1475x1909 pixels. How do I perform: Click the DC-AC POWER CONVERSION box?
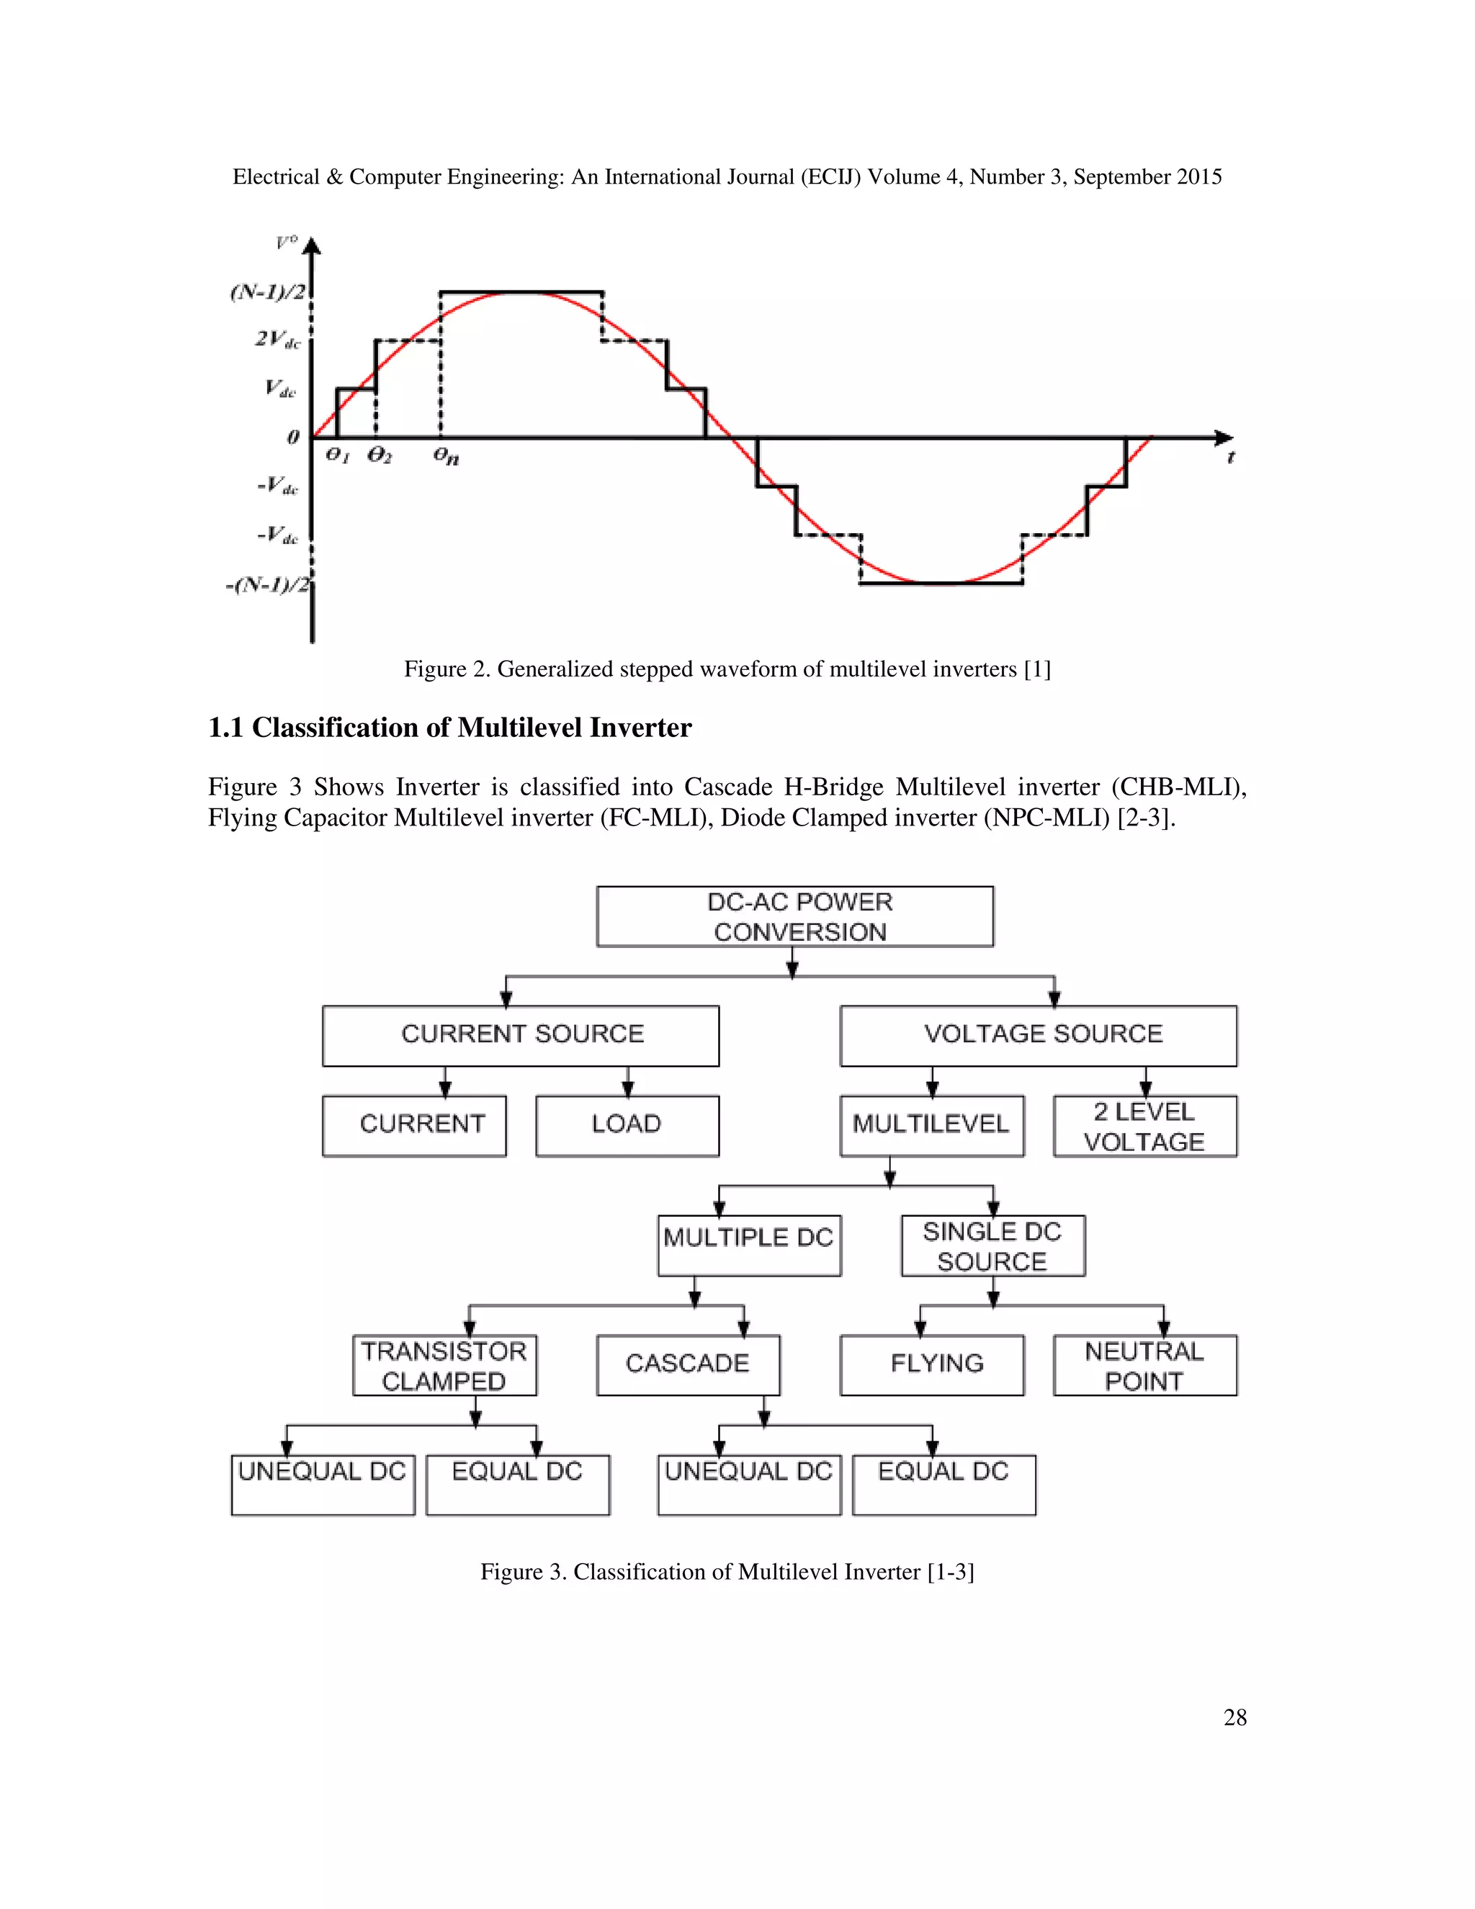click(794, 917)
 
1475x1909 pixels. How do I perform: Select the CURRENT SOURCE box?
click(521, 1036)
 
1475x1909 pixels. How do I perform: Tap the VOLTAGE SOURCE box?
click(1038, 1036)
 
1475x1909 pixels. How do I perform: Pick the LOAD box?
click(627, 1126)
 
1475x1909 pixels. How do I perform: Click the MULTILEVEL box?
click(931, 1126)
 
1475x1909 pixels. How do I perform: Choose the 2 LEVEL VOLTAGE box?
click(1144, 1126)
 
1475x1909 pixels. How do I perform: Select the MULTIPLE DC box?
click(749, 1245)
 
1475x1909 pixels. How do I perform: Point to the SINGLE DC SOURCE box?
click(992, 1246)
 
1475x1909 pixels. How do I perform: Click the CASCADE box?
click(688, 1364)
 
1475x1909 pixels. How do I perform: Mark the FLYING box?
click(931, 1364)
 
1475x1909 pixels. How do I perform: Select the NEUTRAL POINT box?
click(1144, 1365)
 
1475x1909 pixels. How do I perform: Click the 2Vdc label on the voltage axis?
click(278, 339)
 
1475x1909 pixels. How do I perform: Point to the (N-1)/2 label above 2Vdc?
click(267, 292)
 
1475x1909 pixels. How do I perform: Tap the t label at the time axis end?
click(1230, 457)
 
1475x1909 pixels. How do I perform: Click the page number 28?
click(1234, 1717)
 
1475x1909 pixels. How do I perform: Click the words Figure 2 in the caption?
click(446, 669)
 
